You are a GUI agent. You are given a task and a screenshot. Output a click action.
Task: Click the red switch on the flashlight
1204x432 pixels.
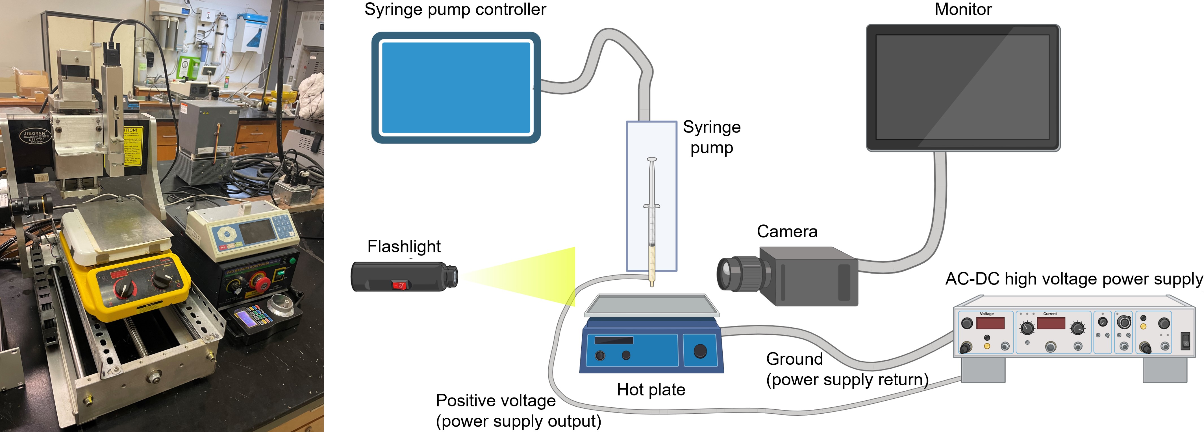[x=399, y=285]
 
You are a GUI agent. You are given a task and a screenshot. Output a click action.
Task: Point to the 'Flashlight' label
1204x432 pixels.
[x=404, y=246]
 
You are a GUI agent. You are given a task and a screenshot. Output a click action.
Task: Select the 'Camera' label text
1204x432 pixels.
[x=787, y=232]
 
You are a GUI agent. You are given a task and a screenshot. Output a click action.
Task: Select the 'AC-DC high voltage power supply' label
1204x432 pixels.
[x=1073, y=279]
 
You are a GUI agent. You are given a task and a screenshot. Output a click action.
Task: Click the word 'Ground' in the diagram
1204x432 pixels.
[x=794, y=359]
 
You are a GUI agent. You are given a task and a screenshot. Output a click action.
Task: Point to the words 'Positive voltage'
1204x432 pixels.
[x=495, y=401]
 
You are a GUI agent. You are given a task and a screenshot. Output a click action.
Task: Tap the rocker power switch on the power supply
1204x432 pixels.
[x=1185, y=341]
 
